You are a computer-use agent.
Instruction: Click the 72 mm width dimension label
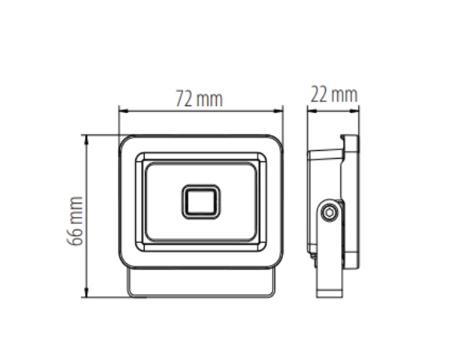tap(200, 99)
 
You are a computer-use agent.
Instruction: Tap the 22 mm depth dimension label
tap(334, 94)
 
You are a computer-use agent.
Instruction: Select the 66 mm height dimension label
tap(75, 221)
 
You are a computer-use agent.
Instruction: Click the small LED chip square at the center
tap(201, 202)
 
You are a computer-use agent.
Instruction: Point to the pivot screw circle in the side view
tap(329, 212)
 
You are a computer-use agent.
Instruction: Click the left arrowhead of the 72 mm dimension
tap(123, 111)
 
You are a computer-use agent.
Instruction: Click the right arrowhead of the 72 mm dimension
tap(278, 111)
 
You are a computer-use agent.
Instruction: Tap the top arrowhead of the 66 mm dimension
tap(86, 140)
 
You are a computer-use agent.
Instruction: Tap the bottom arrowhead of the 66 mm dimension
tap(86, 292)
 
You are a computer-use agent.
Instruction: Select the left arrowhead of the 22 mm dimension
tap(312, 111)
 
